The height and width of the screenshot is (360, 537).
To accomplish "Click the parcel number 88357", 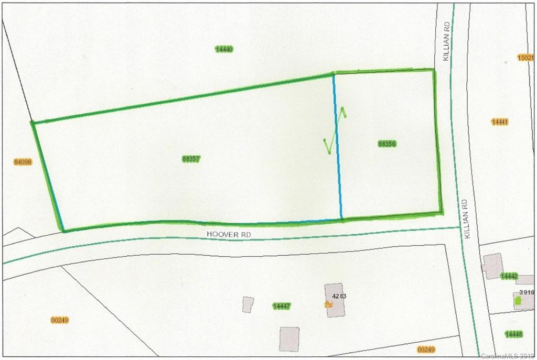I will click(x=191, y=159).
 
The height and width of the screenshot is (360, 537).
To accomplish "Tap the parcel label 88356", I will click(x=386, y=144).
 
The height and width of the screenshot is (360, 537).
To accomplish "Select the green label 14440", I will click(x=224, y=49).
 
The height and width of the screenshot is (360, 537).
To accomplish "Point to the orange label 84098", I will click(x=23, y=162).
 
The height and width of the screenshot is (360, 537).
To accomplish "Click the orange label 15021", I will click(x=525, y=58).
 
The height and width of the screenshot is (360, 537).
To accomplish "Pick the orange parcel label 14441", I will click(x=500, y=122).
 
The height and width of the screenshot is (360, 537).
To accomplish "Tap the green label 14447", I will click(x=282, y=306).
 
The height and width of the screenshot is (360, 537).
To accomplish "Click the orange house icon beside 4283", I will click(x=328, y=304).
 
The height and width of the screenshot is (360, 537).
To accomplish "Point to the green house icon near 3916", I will click(x=518, y=301).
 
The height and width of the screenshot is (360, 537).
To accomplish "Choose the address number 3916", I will click(x=527, y=293).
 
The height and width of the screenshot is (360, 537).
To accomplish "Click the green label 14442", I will click(x=509, y=276).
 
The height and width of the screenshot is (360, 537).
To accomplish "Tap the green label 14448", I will click(x=513, y=334).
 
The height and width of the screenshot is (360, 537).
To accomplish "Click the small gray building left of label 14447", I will click(x=248, y=304).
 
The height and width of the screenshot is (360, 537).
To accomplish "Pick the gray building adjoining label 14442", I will click(x=492, y=266).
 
